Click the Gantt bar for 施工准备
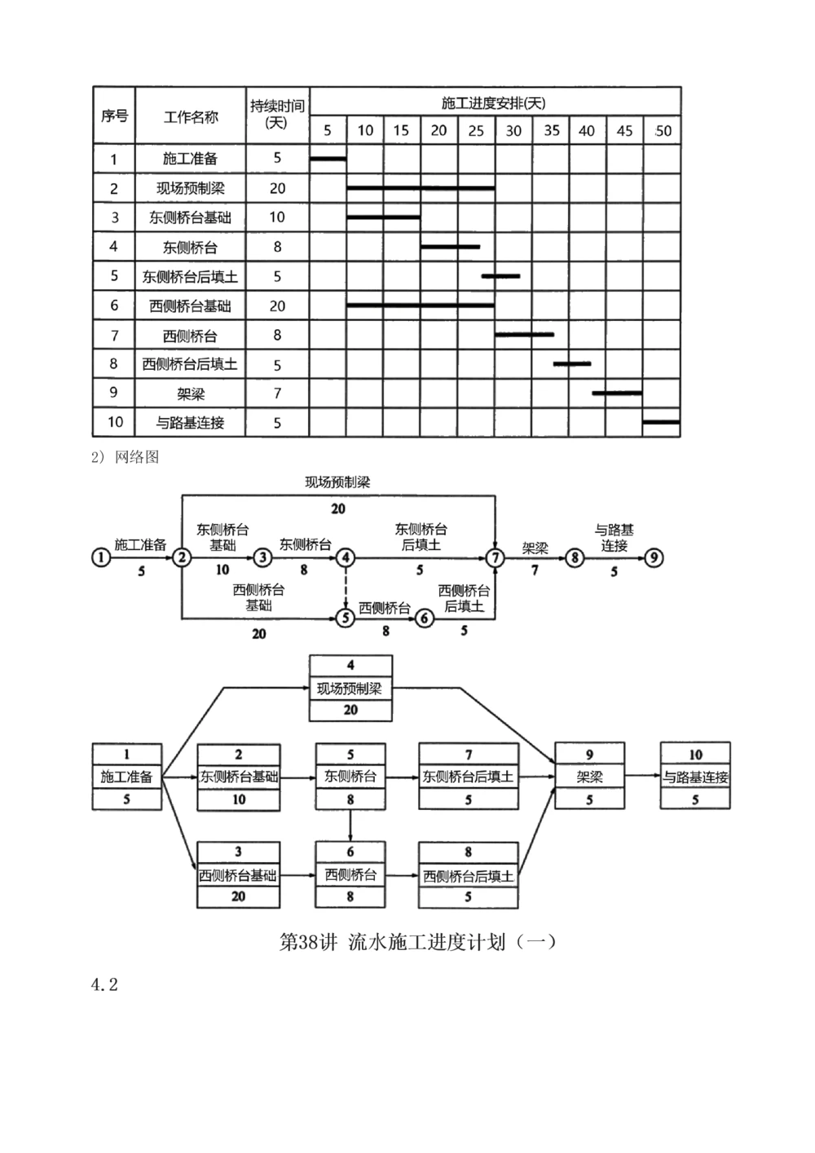coord(328,158)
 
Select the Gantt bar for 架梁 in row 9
coord(617,393)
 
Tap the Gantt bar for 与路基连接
coord(661,421)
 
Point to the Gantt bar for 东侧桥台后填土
coord(500,276)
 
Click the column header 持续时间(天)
coord(277,115)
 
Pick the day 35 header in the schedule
coord(552,130)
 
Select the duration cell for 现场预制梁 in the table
coord(277,188)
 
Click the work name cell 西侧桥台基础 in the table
coord(191,306)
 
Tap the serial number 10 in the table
coord(115,422)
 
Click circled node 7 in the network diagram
coord(496,558)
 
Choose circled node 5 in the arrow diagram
coord(346,618)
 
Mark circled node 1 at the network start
coord(101,558)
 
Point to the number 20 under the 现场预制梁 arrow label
coord(338,509)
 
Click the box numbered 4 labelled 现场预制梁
coord(350,689)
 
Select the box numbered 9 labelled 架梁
coord(589,777)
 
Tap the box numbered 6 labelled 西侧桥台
coord(350,875)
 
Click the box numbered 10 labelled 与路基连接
coord(695,777)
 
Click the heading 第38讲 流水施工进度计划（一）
coord(418,943)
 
